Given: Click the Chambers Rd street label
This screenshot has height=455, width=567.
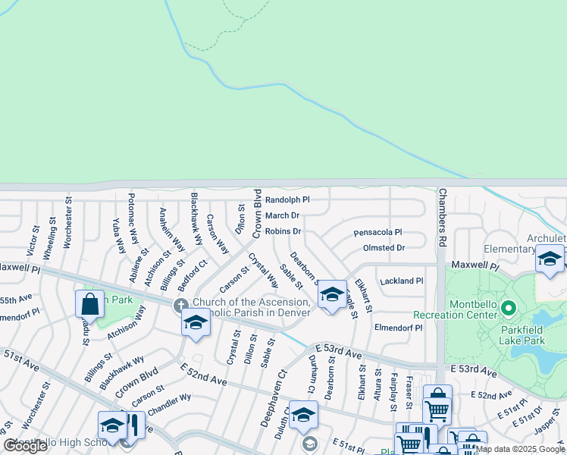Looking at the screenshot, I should tap(442, 218).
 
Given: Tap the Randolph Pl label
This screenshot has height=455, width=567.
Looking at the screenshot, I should tap(287, 200).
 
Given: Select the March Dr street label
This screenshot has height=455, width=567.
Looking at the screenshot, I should tap(282, 215).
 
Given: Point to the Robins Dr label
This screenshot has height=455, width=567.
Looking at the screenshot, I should tap(283, 231).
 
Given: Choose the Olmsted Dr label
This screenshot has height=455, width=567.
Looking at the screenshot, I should tap(384, 248).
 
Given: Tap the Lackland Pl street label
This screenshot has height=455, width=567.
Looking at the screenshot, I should tap(402, 281).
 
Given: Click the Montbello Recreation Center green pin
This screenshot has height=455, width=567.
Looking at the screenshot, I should tap(509, 309).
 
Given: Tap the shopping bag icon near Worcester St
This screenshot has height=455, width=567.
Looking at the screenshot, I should tap(89, 304).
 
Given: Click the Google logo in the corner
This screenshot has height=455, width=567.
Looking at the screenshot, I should tap(26, 447).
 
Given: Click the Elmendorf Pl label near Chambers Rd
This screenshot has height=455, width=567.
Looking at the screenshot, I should tap(398, 328).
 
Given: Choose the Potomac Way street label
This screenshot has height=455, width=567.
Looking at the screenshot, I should tap(133, 217).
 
